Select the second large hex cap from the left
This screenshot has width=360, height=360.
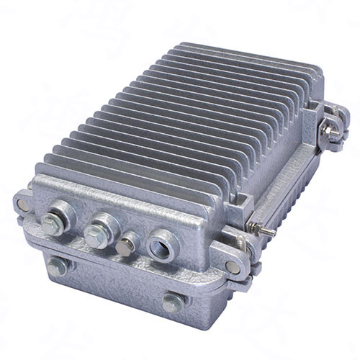tap(96, 234)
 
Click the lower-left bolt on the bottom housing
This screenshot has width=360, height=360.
tap(57, 267)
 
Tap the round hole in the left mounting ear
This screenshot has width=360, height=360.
tap(24, 204)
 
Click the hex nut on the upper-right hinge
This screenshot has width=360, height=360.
tap(328, 130)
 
